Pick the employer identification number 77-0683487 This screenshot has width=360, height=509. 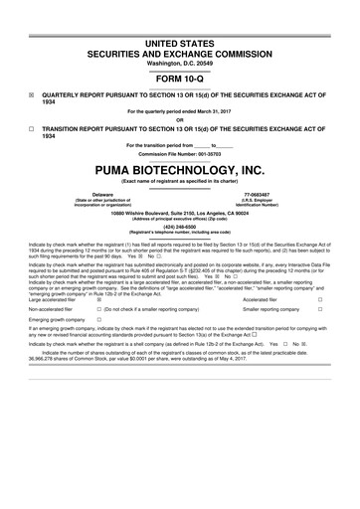coord(258,195)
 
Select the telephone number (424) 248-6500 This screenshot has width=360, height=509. coord(179,225)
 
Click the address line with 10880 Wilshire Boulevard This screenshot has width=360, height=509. coord(179,212)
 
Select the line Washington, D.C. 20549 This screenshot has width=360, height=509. coord(179,36)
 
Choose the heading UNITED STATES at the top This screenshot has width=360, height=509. coord(179,13)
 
